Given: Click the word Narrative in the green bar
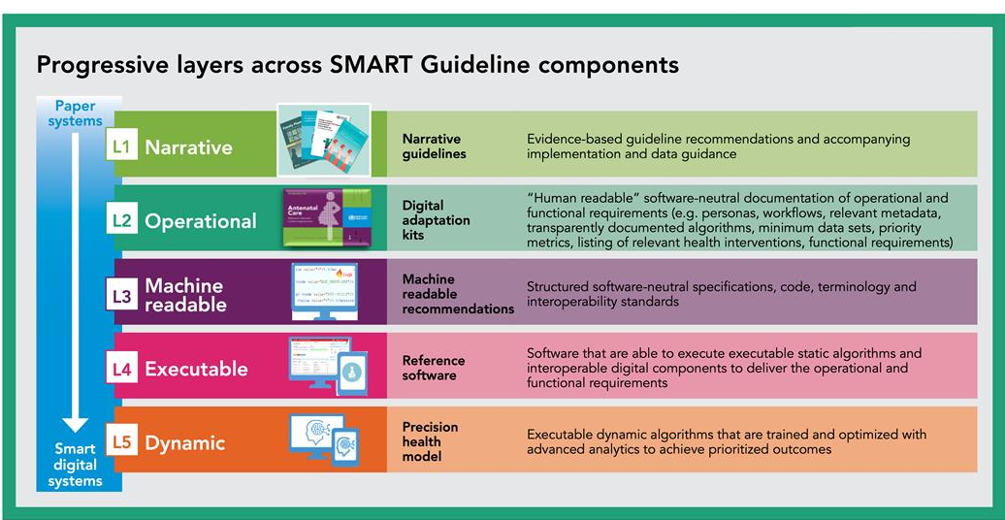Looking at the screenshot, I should (x=188, y=147).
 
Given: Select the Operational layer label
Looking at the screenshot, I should (x=201, y=221).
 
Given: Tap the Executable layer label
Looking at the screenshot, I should (x=196, y=369).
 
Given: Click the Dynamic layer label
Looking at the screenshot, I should (x=184, y=443).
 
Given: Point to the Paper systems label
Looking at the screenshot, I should (x=76, y=114).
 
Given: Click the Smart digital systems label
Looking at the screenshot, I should (x=76, y=464).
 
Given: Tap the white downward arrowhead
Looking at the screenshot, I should (x=76, y=424).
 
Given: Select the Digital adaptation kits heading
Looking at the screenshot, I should (x=436, y=220).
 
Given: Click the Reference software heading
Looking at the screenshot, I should (x=434, y=368).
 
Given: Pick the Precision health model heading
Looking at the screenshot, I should (x=430, y=441).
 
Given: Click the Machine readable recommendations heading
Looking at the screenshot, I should (x=457, y=294).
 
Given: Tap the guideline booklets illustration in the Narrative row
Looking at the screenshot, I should (x=323, y=140).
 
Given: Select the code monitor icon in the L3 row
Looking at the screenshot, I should (x=325, y=291).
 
